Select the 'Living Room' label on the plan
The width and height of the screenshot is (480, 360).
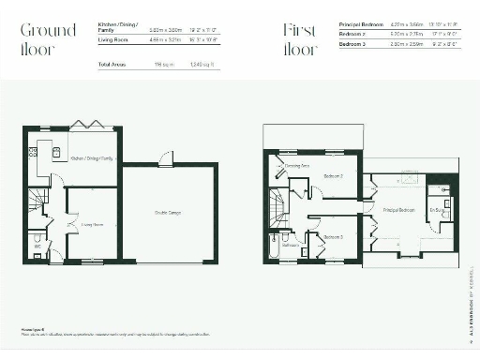point(92,225)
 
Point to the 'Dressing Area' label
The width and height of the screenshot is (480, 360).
point(298,166)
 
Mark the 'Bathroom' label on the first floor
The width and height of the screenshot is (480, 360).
point(291,245)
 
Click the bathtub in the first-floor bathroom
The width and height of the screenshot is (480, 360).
point(273,247)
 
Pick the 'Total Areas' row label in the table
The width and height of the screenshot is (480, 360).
point(112,64)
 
